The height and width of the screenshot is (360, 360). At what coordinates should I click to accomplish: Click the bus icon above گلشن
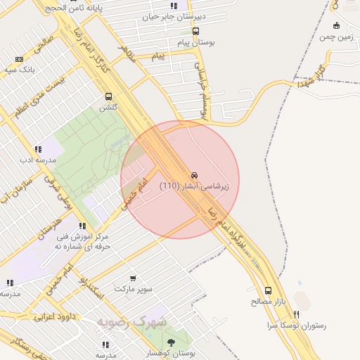coord(108,96)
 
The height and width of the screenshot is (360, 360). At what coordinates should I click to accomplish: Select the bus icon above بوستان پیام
coord(195,32)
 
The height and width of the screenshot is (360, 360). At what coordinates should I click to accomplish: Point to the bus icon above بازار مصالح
coord(268,290)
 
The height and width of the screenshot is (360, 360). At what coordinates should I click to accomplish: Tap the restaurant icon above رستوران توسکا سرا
coord(297,314)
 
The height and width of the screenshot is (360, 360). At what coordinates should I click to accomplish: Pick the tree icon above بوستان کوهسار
coord(171,342)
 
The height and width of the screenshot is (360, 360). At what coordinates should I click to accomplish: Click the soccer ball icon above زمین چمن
coord(336,26)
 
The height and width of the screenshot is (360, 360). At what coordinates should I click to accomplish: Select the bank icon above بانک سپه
coord(19,59)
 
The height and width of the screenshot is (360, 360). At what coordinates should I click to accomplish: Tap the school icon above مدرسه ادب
coord(37,149)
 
